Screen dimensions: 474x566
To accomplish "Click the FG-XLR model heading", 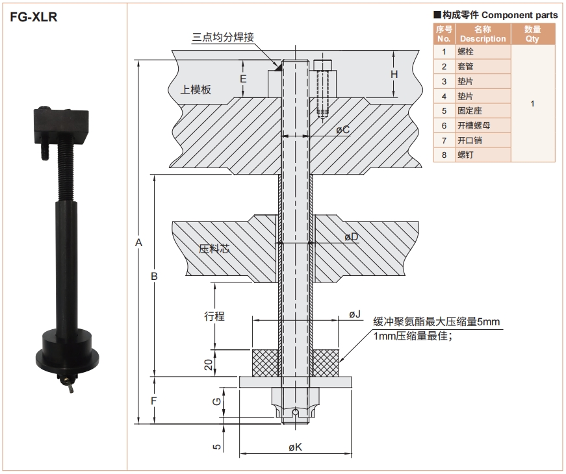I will [x=34, y=17].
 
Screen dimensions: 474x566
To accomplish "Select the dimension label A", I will [x=138, y=242].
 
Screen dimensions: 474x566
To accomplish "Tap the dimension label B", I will [x=154, y=276].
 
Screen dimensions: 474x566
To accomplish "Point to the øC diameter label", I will [x=342, y=130].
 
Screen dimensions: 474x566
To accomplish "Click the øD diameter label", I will [x=351, y=237].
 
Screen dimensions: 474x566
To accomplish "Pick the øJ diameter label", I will [x=354, y=314].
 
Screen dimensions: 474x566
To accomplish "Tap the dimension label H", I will [x=394, y=74].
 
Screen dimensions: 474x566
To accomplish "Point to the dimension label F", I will [x=154, y=401].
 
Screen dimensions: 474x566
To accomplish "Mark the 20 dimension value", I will [x=208, y=364].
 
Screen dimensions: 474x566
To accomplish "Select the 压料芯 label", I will [x=214, y=249].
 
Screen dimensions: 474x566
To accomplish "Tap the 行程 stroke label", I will [x=214, y=316].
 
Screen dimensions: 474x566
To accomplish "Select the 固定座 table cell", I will [x=469, y=110].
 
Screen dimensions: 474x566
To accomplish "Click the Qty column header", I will [x=532, y=34].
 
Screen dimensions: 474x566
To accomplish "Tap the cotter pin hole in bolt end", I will [x=296, y=411].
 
